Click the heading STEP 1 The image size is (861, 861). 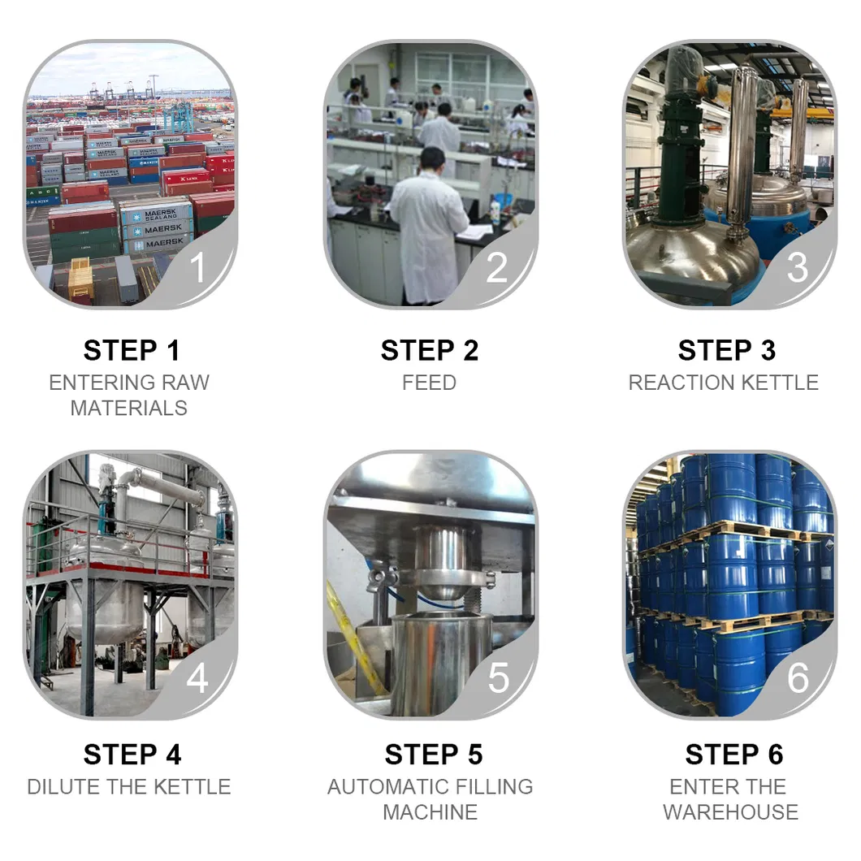132,350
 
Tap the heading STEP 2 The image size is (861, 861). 430,350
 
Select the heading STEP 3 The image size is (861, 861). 727,350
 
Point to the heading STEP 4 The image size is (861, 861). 132,755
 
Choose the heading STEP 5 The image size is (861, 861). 434,755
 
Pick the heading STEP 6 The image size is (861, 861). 734,755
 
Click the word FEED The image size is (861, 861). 430,383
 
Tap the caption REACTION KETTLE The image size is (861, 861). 724,383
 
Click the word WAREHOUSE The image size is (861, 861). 731,812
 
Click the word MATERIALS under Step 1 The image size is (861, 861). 129,408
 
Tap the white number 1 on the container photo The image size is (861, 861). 197,267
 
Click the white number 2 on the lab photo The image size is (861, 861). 497,267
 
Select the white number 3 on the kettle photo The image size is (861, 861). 798,267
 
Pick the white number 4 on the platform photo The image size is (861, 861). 197,678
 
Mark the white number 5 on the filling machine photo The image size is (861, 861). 498,678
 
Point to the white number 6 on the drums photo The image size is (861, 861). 798,678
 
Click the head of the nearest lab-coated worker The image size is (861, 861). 432,159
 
